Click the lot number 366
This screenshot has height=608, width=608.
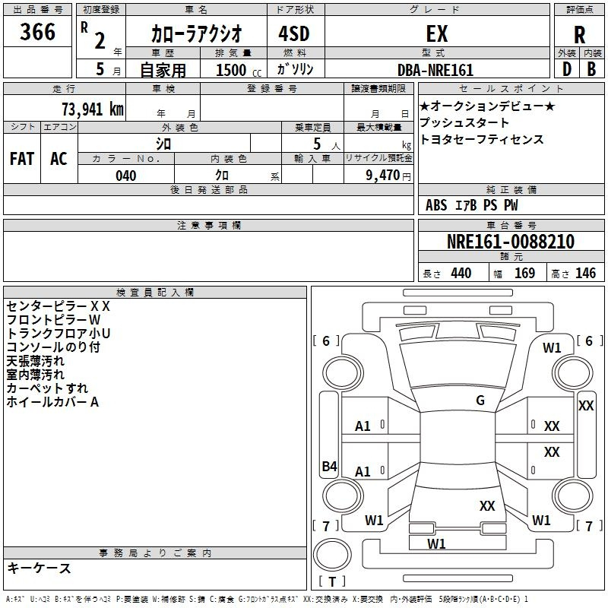tap(37, 31)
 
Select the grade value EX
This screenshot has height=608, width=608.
tap(437, 33)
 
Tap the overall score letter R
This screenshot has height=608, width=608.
tap(579, 35)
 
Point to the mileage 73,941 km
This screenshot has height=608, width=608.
tap(93, 109)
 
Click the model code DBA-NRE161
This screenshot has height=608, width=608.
tap(435, 70)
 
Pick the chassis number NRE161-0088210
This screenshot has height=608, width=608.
tap(511, 242)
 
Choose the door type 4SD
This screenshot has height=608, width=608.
tap(294, 33)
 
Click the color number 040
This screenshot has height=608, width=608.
tap(126, 176)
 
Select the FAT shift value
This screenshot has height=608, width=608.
tap(22, 159)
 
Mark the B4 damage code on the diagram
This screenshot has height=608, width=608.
tap(329, 466)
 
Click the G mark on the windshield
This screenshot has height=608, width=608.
tap(480, 401)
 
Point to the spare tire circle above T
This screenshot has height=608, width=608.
tap(332, 555)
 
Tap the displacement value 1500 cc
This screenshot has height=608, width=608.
tap(239, 70)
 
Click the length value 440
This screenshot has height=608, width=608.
tap(461, 274)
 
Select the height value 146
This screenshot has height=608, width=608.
tap(585, 274)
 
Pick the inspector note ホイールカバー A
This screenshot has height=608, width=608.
tap(52, 402)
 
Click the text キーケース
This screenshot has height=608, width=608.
tap(39, 568)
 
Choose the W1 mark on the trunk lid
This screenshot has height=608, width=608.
tap(436, 544)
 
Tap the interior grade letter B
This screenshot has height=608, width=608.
tap(591, 69)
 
